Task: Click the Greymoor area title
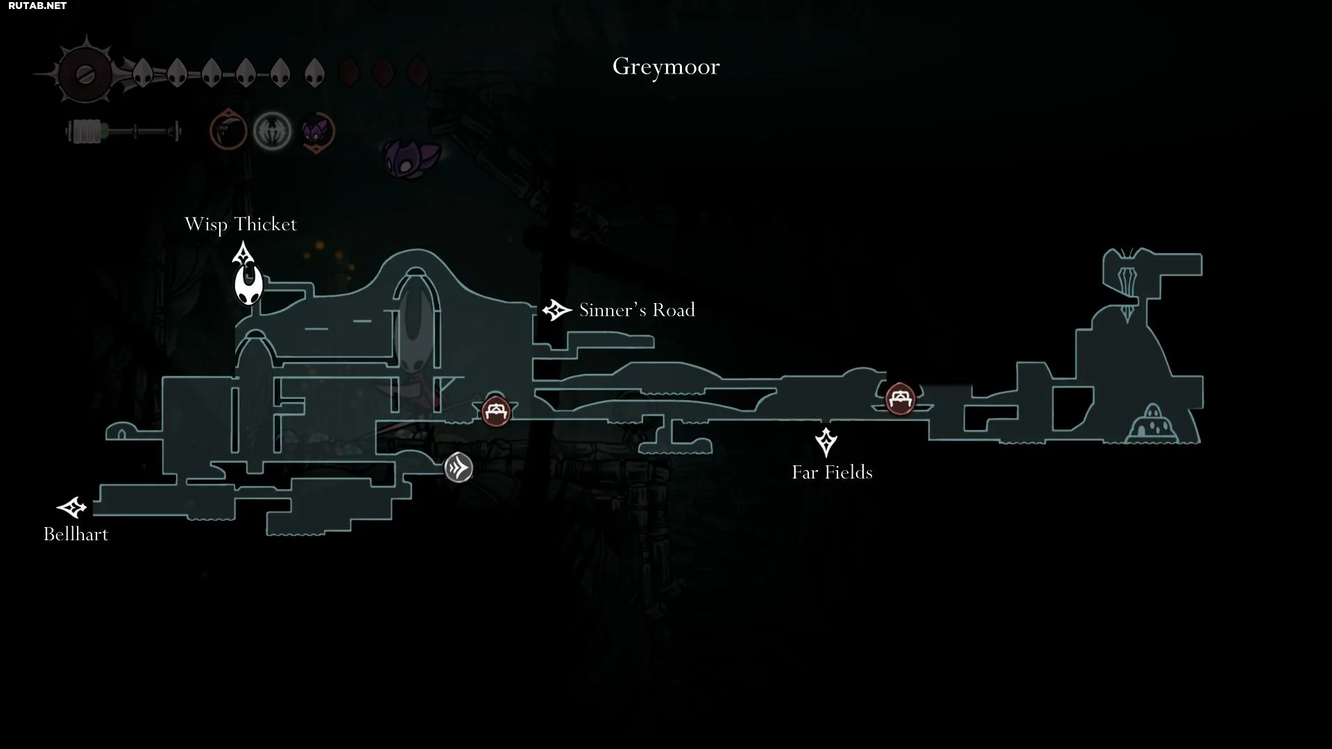pyautogui.click(x=666, y=67)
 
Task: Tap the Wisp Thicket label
pyautogui.click(x=241, y=225)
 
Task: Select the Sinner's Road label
pyautogui.click(x=637, y=310)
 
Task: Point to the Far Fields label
pyautogui.click(x=832, y=472)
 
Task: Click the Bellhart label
pyautogui.click(x=76, y=534)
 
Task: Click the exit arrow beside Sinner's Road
pyautogui.click(x=556, y=310)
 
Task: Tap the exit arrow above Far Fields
pyautogui.click(x=826, y=442)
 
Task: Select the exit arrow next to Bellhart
pyautogui.click(x=71, y=508)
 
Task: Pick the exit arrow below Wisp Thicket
pyautogui.click(x=243, y=254)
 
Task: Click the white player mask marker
pyautogui.click(x=248, y=285)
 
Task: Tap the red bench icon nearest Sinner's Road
pyautogui.click(x=496, y=412)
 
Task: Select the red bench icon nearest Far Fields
pyautogui.click(x=900, y=399)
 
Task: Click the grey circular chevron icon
pyautogui.click(x=459, y=467)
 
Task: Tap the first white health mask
pyautogui.click(x=142, y=72)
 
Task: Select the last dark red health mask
pyautogui.click(x=417, y=71)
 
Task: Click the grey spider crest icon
pyautogui.click(x=272, y=131)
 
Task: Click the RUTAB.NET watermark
pyautogui.click(x=37, y=6)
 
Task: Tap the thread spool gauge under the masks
pyautogui.click(x=123, y=131)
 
